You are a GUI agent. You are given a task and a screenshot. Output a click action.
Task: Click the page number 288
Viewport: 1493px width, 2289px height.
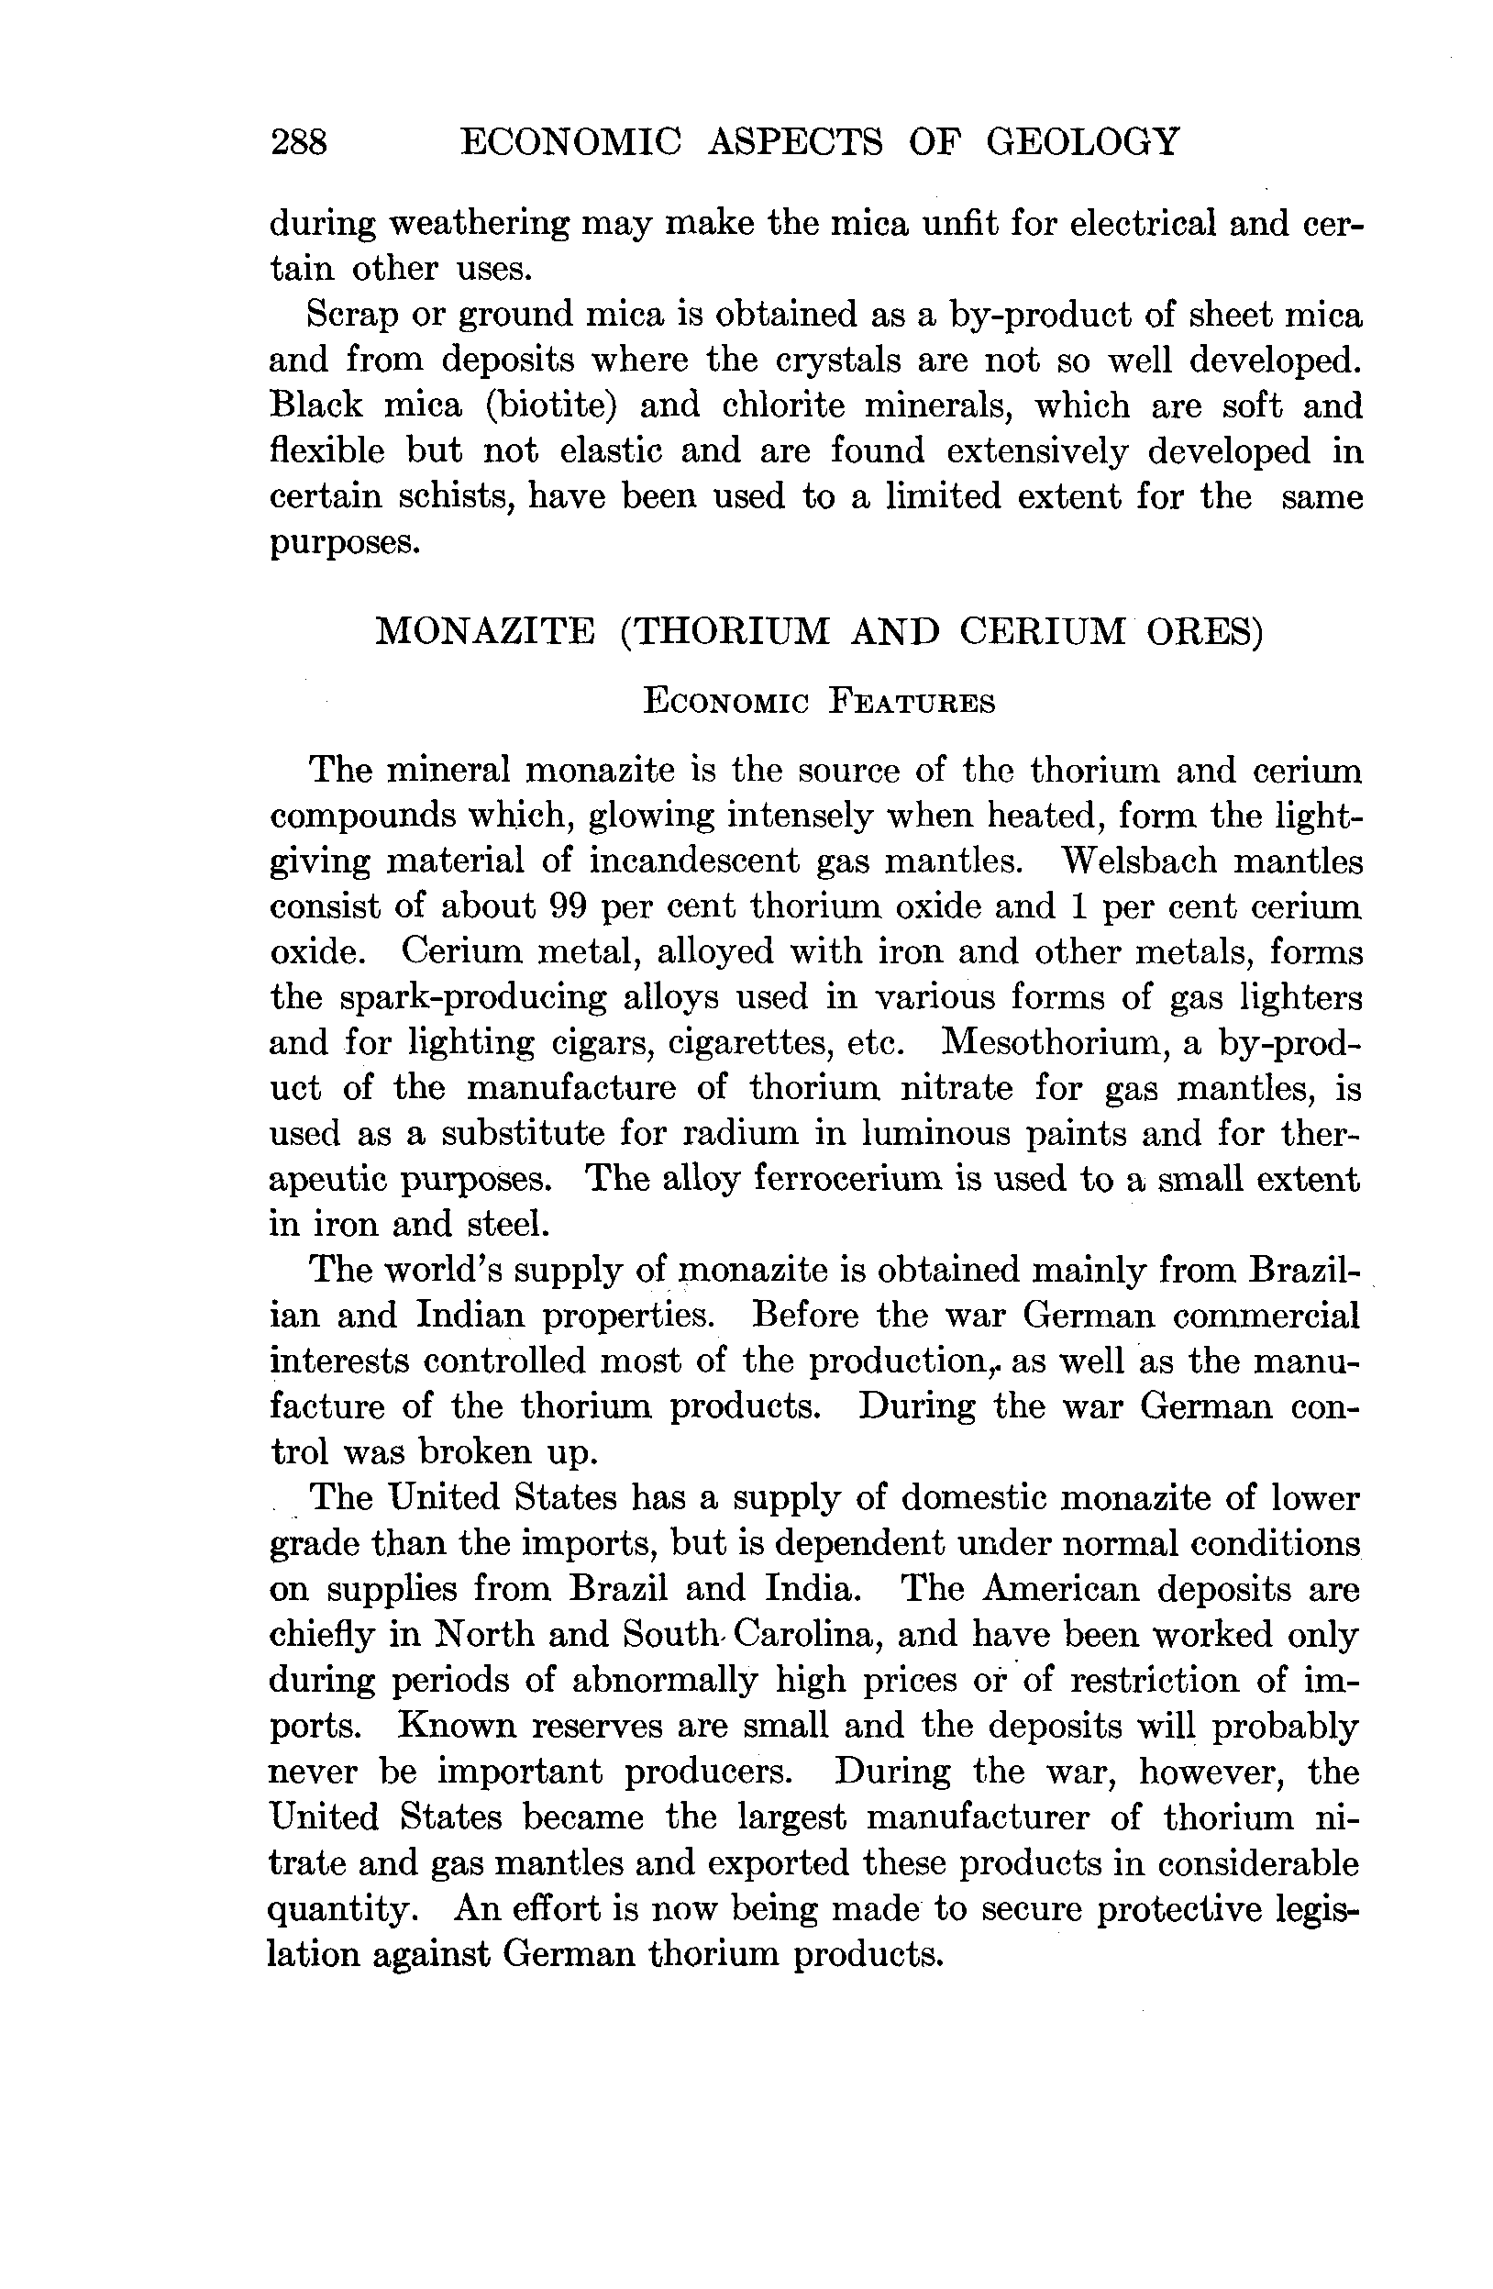299,142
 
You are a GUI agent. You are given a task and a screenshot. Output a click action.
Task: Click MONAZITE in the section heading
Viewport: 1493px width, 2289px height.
483,631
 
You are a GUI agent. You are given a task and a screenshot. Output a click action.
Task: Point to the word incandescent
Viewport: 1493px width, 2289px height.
693,860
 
